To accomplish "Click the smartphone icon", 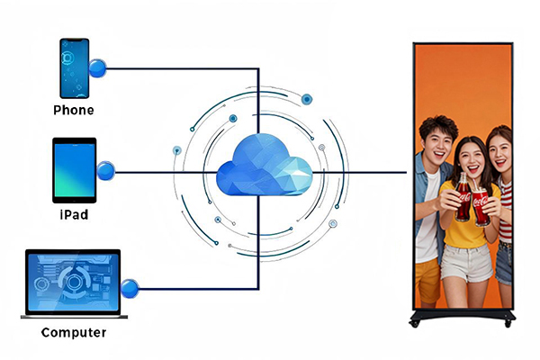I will [x=75, y=67].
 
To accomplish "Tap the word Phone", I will [x=74, y=111].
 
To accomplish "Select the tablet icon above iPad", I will [x=74, y=169].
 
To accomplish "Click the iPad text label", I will [x=74, y=216].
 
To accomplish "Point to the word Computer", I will [x=74, y=333].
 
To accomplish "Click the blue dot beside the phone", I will [x=98, y=67].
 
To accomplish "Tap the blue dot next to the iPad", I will [x=105, y=169].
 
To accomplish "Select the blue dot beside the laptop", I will [x=130, y=289].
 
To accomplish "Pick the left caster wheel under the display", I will [x=417, y=322].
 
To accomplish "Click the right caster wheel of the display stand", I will [x=509, y=322].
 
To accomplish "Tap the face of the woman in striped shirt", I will [x=499, y=147].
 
